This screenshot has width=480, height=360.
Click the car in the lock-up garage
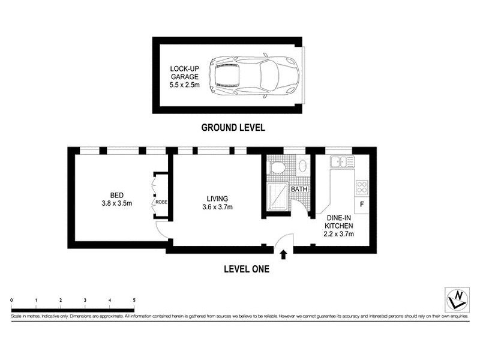point(254,76)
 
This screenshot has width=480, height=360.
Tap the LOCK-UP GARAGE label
point(185,77)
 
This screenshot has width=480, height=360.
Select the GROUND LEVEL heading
point(233,127)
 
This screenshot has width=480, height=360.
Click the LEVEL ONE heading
point(247,269)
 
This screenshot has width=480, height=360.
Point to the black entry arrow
point(283,254)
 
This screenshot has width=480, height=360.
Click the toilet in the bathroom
point(277,167)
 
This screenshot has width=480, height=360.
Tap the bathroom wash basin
point(303,166)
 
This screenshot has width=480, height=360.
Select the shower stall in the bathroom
point(277,196)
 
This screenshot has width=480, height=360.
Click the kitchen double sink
point(342,161)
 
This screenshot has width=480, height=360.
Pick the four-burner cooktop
point(362,187)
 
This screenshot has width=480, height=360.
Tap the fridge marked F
point(362,205)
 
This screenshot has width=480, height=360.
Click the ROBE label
point(161,202)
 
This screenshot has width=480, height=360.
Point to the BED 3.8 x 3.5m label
point(117,199)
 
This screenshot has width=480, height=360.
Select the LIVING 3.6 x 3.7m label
point(217,203)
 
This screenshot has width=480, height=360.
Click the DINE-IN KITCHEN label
point(339,226)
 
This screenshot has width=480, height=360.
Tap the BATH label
point(299,189)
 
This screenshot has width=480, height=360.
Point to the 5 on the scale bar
point(134,301)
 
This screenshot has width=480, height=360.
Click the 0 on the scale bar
point(11,301)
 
